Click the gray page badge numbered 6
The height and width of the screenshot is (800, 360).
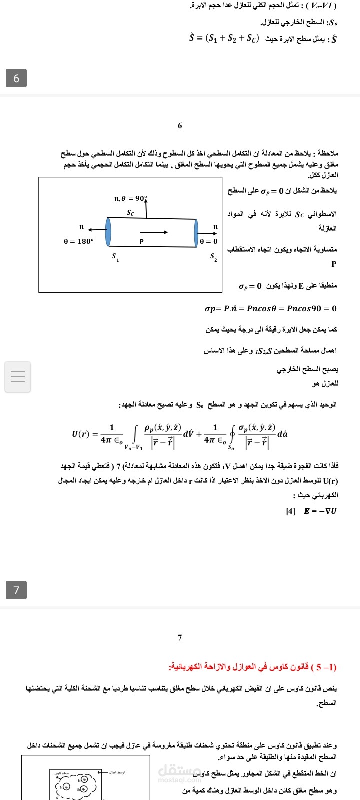tap(16, 78)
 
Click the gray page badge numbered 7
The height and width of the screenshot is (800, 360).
tap(16, 590)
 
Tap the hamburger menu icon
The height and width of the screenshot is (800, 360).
tap(18, 377)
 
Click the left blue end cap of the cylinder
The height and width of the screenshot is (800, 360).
tap(108, 232)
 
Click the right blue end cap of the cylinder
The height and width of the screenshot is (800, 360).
tap(196, 232)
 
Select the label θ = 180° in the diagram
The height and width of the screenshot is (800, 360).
tap(78, 241)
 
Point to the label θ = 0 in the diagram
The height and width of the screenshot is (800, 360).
tap(209, 241)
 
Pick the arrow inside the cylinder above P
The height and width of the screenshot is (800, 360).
tap(153, 232)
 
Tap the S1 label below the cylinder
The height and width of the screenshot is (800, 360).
tap(115, 257)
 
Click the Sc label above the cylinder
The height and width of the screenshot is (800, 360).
tap(130, 212)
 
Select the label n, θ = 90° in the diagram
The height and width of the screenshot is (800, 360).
tap(131, 198)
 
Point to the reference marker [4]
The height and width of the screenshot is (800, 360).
tap(290, 511)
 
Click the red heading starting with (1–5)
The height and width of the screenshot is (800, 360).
tap(253, 667)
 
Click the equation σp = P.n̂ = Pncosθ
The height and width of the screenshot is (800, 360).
tap(270, 308)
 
